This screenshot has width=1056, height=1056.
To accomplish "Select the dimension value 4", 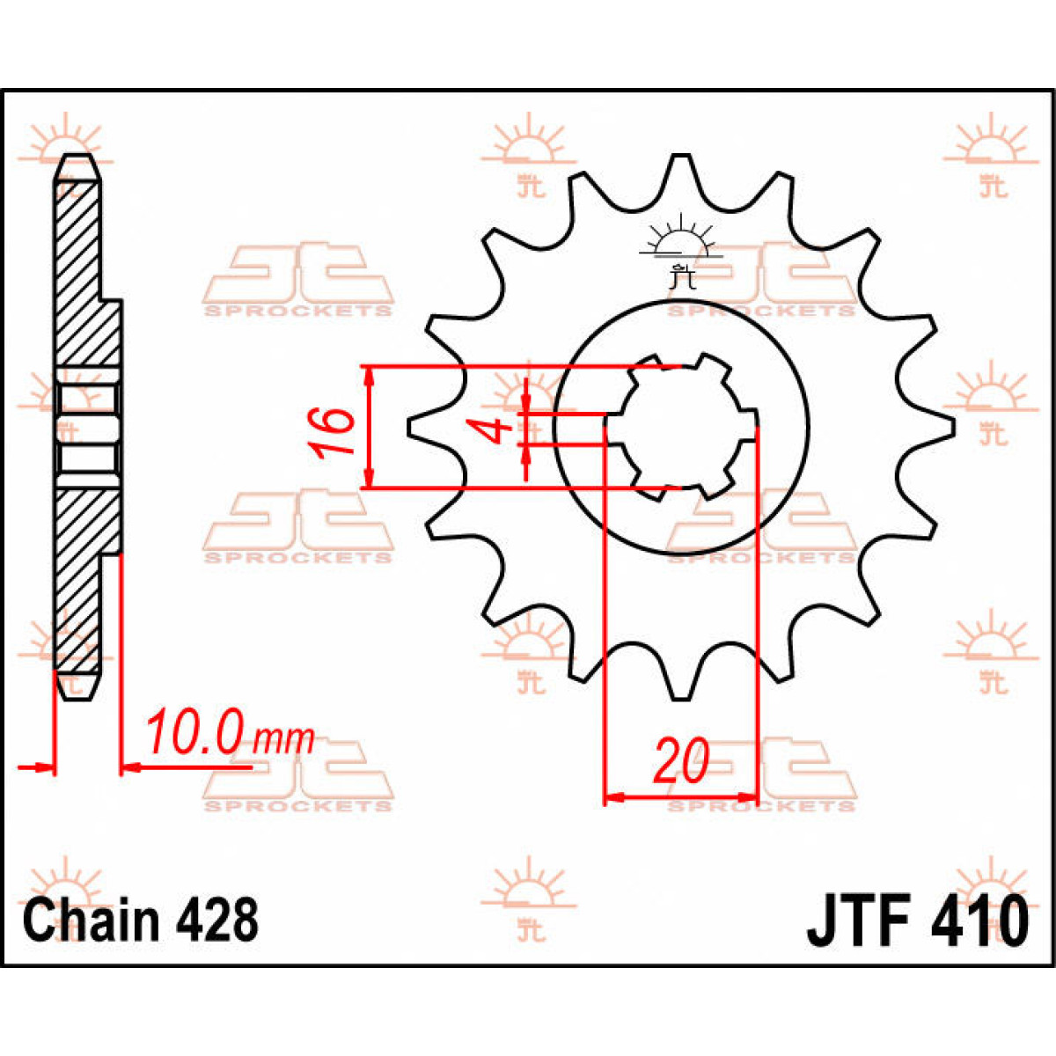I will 495,430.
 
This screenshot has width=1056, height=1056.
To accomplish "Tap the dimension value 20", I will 681,761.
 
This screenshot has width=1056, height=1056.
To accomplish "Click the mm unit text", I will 283,739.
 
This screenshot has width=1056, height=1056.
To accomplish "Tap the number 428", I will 218,920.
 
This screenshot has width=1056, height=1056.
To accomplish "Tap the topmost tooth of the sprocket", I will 679,167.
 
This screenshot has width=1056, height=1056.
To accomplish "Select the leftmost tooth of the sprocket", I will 421,426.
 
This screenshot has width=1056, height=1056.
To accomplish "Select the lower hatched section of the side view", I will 84,581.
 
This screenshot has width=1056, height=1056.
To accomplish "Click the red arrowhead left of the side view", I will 44,768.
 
